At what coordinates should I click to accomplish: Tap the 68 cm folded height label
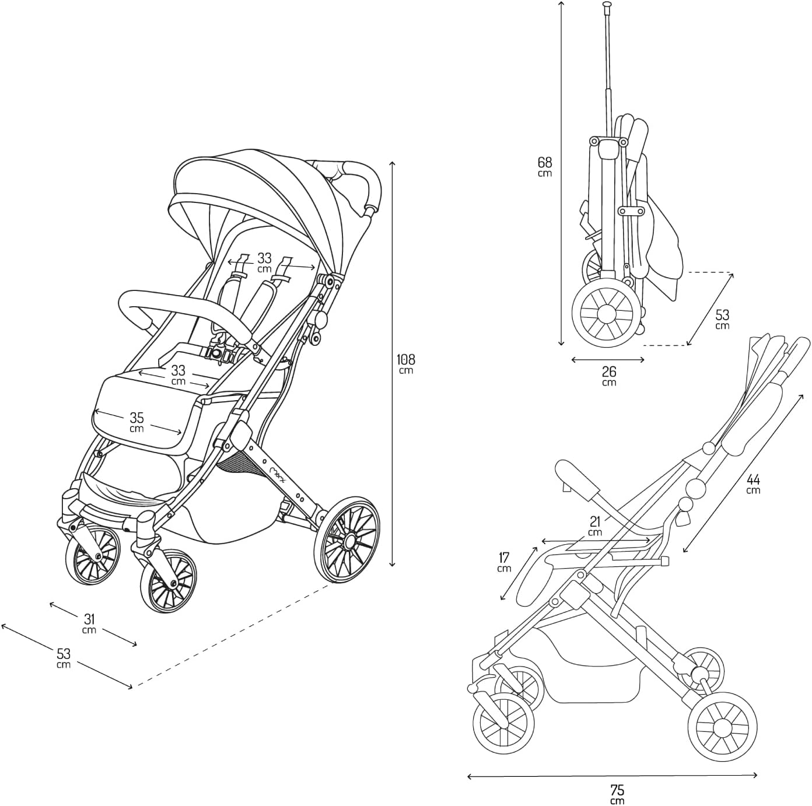[x=545, y=166]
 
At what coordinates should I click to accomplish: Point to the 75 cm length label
[x=617, y=794]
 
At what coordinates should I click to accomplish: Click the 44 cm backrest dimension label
[x=753, y=483]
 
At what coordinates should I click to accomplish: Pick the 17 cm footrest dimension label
[x=505, y=562]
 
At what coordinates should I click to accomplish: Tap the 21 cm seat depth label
[x=595, y=525]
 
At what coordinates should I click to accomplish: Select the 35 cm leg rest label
[x=136, y=422]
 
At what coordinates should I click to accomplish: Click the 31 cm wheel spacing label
[x=89, y=622]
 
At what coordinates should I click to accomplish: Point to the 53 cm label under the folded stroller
[x=722, y=320]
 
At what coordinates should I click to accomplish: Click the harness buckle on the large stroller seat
[x=218, y=352]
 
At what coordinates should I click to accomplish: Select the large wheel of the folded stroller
[x=604, y=313]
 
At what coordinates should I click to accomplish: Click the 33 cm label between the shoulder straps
[x=265, y=262]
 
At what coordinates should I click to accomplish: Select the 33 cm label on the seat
[x=178, y=374]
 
